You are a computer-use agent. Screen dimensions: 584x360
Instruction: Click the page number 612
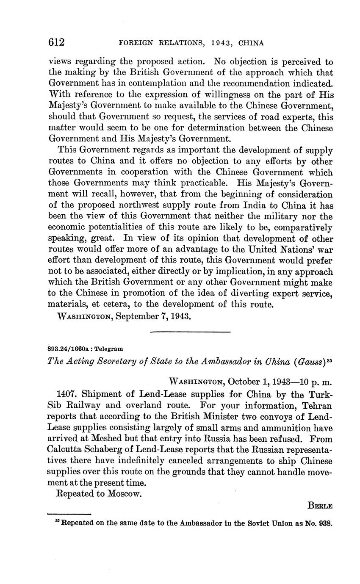pyautogui.click(x=56, y=42)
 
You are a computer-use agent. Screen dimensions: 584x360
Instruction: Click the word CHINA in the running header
pyautogui.click(x=251, y=43)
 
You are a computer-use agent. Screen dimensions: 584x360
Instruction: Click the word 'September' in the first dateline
pyautogui.click(x=135, y=316)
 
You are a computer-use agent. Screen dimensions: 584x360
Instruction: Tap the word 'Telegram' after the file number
pyautogui.click(x=109, y=349)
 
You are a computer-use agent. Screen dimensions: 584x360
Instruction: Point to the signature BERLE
pyautogui.click(x=320, y=506)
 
